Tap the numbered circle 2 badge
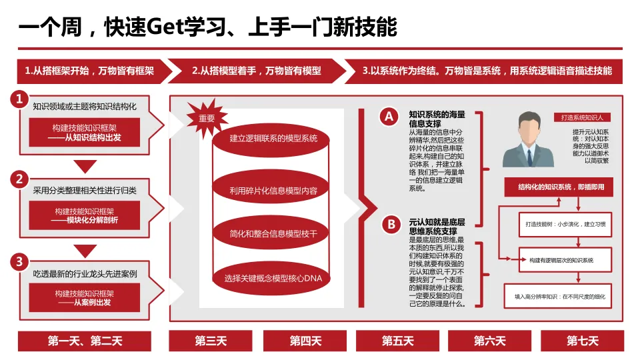tap(20, 179)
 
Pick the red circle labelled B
tap(391, 224)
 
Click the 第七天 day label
tap(583, 341)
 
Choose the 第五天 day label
tap(397, 341)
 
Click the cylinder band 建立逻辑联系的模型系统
tap(273, 139)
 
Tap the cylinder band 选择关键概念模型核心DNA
tap(273, 277)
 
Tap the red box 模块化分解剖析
tap(85, 215)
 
